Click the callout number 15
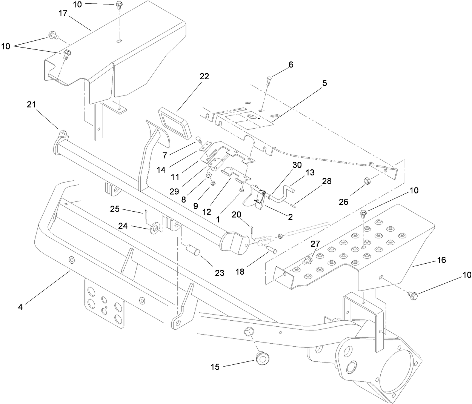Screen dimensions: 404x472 pos(215,367)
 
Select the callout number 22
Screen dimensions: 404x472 pos(204,76)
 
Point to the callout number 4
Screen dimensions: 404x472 pos(20,307)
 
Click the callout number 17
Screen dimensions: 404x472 pos(63,14)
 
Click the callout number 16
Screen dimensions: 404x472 pos(441,260)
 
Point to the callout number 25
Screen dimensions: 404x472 pos(115,208)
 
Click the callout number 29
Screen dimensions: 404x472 pos(174,192)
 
